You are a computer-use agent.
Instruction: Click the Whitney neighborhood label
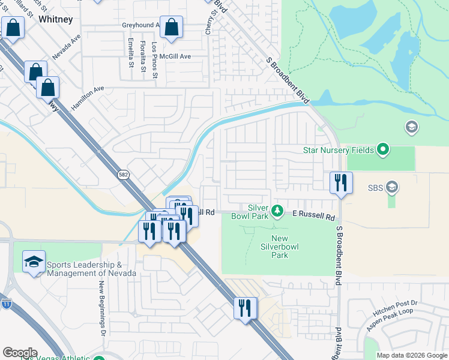[55, 19]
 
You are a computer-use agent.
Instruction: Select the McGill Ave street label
[176, 56]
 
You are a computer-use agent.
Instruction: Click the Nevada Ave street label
[66, 46]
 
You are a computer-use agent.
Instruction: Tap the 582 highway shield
[123, 175]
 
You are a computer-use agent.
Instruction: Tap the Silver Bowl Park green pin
[277, 210]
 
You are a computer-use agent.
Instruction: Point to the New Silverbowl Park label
[279, 247]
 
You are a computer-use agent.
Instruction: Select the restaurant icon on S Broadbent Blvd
[341, 182]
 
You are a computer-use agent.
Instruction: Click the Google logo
[20, 353]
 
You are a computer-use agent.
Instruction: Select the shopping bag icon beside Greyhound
[172, 27]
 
